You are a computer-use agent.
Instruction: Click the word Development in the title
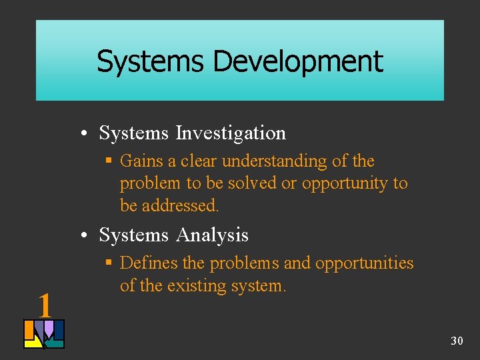coord(297,61)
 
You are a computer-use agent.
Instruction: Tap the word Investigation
coord(231,133)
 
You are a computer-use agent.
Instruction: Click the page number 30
coord(457,341)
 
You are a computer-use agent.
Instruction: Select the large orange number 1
coord(45,305)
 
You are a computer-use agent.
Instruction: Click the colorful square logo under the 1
coord(44,334)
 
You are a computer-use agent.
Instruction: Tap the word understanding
coord(276,161)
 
